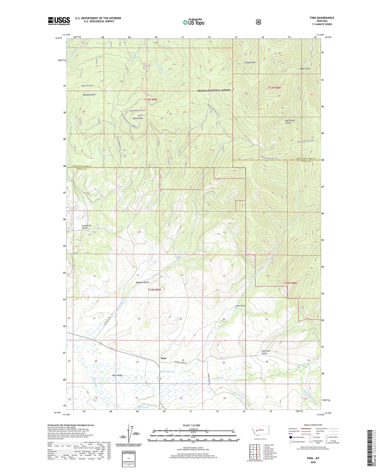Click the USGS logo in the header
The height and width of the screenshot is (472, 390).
(59, 21)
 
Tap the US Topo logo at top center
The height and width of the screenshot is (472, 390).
(194, 22)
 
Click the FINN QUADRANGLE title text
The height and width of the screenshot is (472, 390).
(322, 18)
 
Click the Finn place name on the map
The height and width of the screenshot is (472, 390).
(163, 358)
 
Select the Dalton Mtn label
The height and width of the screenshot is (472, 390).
(138, 118)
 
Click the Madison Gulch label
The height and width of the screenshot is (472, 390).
(142, 282)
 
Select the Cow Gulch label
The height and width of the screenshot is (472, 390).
(240, 306)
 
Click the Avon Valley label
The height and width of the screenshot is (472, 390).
(117, 375)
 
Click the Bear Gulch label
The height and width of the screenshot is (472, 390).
(305, 69)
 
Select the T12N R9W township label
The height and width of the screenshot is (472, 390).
(154, 290)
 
